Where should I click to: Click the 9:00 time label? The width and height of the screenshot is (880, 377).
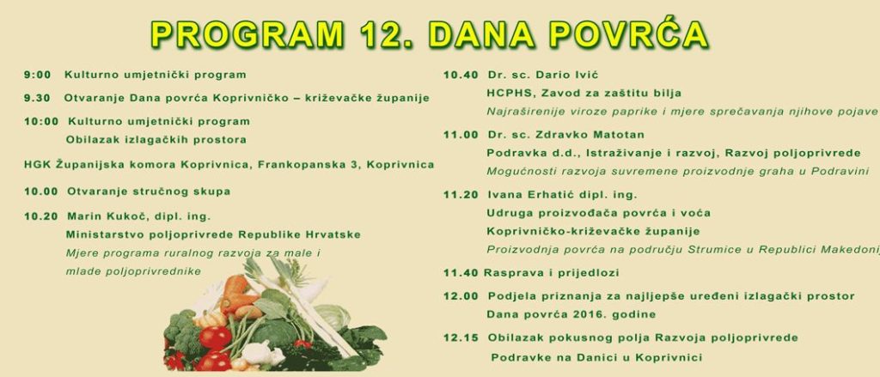point(38,75)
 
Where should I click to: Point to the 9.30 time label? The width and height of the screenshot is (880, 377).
point(38,98)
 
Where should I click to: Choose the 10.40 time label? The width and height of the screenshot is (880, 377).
point(461,75)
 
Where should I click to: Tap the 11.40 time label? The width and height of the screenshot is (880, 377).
point(461,273)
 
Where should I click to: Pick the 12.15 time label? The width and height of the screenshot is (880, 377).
point(461,337)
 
